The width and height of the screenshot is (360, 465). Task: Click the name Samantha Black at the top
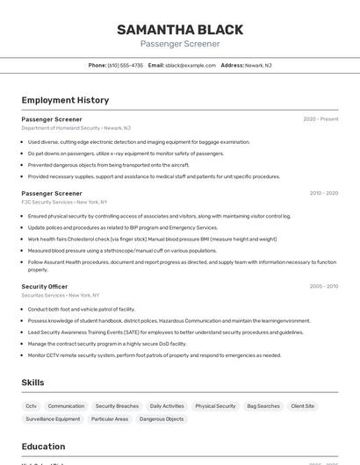click(x=180, y=30)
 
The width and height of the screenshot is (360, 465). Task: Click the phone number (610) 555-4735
click(x=125, y=65)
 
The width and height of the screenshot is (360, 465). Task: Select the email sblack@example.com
click(x=190, y=65)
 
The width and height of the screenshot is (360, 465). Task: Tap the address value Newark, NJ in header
click(x=258, y=65)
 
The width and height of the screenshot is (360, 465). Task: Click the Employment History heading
click(x=65, y=100)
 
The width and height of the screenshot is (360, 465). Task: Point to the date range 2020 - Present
click(x=320, y=119)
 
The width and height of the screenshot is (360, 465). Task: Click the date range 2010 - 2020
click(x=323, y=193)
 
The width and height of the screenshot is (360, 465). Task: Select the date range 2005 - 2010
click(x=323, y=286)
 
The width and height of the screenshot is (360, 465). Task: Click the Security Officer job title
click(x=45, y=286)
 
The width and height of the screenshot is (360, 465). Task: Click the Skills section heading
click(x=32, y=383)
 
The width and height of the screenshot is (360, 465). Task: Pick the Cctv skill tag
click(x=31, y=406)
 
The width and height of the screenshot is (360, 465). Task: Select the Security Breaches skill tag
click(x=117, y=406)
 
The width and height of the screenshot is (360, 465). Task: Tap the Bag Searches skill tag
click(x=263, y=406)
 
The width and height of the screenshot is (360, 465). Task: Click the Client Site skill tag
click(x=302, y=406)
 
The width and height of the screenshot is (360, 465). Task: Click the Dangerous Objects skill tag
click(x=162, y=419)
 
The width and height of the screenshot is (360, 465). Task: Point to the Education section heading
click(x=43, y=447)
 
